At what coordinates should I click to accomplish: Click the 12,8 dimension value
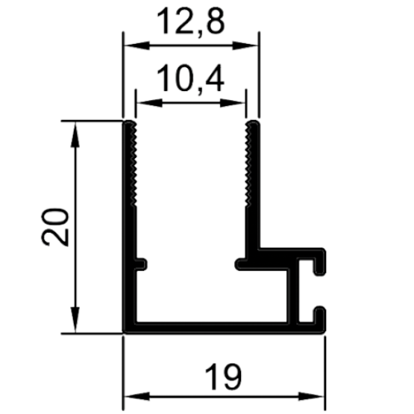pos(191,22)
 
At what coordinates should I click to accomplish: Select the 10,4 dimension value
pos(191,78)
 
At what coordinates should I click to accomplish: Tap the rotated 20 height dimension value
pos(55,227)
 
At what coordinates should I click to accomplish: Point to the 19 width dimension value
pos(223,377)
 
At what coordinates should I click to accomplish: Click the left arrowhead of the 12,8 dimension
pos(137,46)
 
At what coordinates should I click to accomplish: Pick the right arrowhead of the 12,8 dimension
pos(245,46)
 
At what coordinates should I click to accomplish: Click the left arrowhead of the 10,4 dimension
pos(149,103)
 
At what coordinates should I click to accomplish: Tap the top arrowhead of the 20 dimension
pos(75,134)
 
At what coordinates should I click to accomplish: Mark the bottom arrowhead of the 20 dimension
pos(75,320)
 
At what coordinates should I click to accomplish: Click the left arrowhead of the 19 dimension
pos(137,396)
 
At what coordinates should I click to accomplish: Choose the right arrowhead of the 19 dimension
pos(312,396)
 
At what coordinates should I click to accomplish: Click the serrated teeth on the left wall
pos(134,164)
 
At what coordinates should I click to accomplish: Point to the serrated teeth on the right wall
pos(248,164)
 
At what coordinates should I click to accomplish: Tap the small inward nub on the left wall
pos(141,264)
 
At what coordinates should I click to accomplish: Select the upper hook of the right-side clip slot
pos(319,261)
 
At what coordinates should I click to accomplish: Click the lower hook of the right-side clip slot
pos(320,319)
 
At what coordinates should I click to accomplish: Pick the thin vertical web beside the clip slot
pos(292,295)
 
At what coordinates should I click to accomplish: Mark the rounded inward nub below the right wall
pos(241,264)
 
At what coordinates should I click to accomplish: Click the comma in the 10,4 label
pos(201,90)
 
